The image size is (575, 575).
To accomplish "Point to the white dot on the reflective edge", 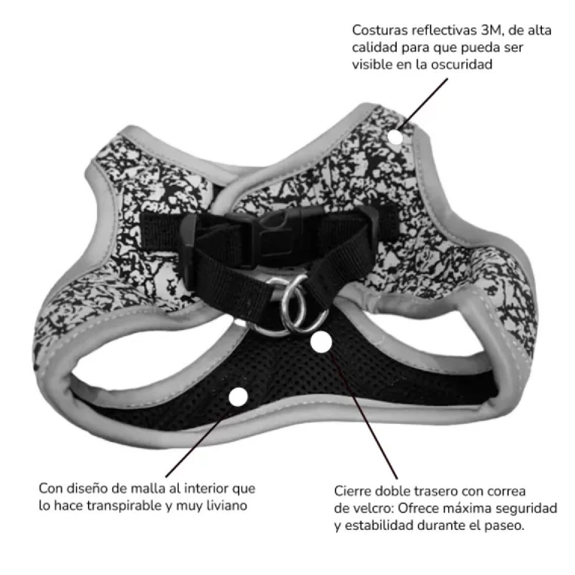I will pyautogui.click(x=395, y=137).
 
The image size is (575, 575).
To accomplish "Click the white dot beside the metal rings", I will pyautogui.click(x=321, y=343).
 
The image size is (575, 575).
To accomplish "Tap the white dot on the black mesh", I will pyautogui.click(x=238, y=397).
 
